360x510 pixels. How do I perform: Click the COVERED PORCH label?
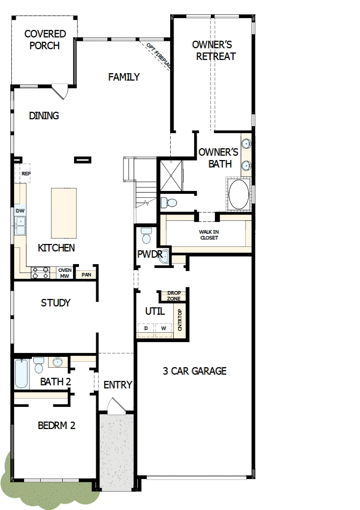tap(45, 40)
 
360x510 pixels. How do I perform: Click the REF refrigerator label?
tap(26, 174)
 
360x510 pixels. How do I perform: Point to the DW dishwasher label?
tap(20, 211)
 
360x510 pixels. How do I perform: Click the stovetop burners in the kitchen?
tap(41, 272)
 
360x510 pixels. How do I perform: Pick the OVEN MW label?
tap(65, 273)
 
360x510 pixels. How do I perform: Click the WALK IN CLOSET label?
tap(208, 235)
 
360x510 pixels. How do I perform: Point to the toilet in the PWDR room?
tap(146, 236)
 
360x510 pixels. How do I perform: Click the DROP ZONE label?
tap(174, 295)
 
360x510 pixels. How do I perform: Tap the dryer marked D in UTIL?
tap(146, 327)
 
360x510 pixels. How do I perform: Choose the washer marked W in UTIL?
tap(163, 327)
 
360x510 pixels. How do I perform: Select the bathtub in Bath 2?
tap(22, 374)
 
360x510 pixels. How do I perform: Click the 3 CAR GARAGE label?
tap(195, 371)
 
